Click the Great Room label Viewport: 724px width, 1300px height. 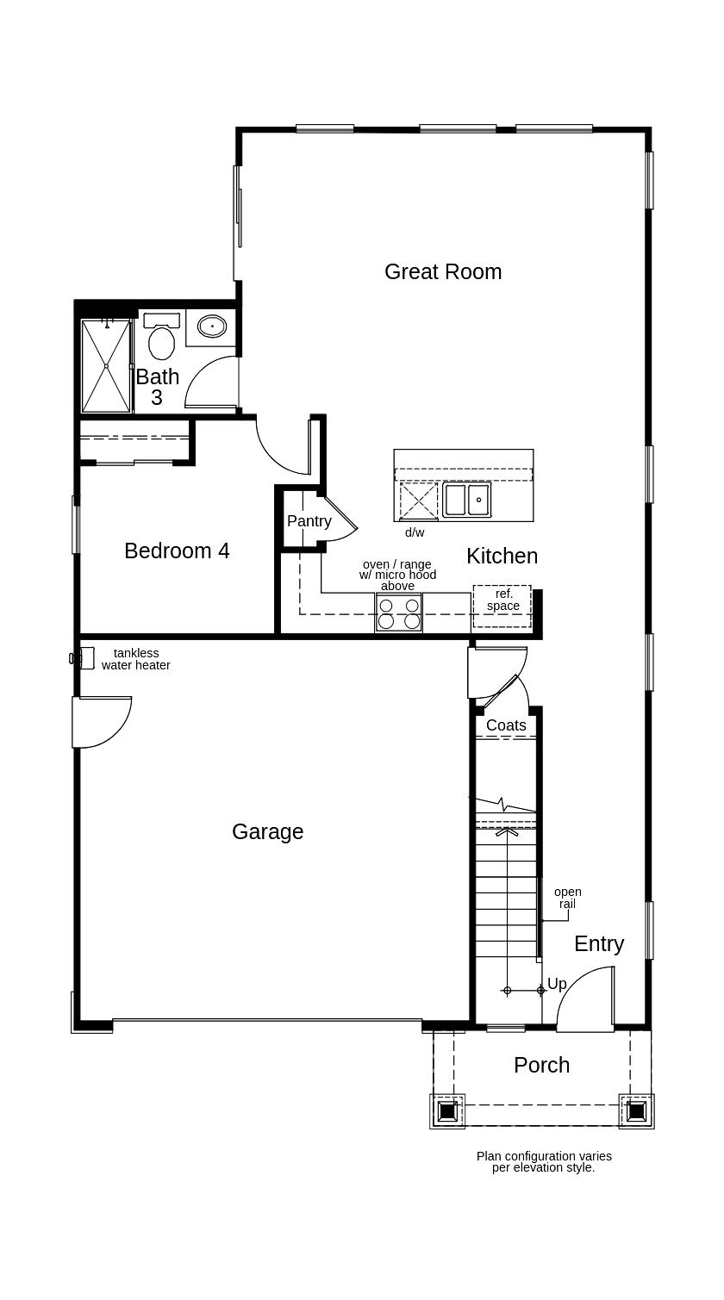coord(442,271)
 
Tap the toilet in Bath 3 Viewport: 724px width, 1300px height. coord(161,340)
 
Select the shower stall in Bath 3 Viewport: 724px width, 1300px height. coord(105,366)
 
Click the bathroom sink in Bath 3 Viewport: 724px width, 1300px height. coord(212,327)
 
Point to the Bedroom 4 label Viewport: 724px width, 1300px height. coord(177,550)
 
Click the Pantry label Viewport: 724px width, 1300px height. coord(309,521)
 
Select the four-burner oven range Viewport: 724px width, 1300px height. coord(398,613)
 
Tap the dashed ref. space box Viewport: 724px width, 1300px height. coord(502,606)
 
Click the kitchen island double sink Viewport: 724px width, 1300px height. coord(466,500)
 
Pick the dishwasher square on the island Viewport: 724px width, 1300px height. coord(418,501)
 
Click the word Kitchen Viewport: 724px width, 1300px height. coord(502,556)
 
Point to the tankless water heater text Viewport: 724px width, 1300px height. coord(135,659)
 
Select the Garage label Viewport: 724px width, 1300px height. coord(267,831)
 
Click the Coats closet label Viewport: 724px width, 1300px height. coord(506,725)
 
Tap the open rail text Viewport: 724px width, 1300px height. coord(567,898)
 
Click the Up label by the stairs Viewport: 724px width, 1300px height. coord(557,984)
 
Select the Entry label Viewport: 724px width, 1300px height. coord(598,943)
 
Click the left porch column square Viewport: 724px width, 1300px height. coord(447,1111)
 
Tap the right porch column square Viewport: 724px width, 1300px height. coord(636,1111)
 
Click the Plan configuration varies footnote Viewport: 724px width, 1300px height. coord(544,1161)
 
